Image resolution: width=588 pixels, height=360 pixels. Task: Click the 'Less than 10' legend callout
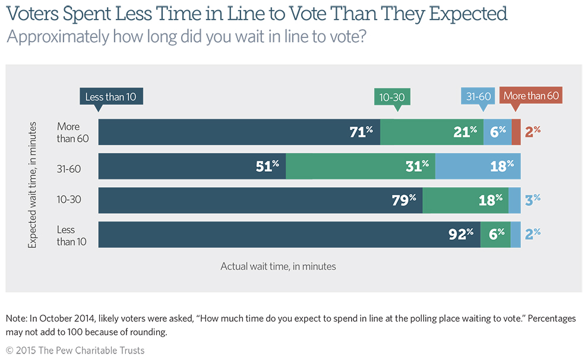click(111, 97)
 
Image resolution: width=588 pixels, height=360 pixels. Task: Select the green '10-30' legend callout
click(393, 97)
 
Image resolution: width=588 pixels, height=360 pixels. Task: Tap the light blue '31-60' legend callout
click(478, 97)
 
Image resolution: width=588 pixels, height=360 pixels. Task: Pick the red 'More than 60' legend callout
click(531, 96)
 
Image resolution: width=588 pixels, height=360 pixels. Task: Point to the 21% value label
click(465, 132)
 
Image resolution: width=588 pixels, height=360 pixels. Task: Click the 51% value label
click(267, 166)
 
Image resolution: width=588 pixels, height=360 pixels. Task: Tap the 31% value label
click(417, 166)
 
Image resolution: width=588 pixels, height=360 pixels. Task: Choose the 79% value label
click(404, 200)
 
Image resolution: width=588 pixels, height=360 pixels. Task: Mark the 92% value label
click(461, 234)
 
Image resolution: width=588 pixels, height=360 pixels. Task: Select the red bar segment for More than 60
click(516, 132)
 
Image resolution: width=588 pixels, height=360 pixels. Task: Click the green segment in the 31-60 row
click(361, 166)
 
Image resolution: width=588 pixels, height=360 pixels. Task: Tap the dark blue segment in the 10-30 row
click(260, 200)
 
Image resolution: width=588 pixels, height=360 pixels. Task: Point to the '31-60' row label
click(69, 169)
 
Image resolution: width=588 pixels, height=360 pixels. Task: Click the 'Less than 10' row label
click(66, 236)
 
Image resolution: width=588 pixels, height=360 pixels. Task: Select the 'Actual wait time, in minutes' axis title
click(278, 267)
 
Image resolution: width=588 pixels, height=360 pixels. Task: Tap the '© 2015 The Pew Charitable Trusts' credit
click(75, 350)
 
